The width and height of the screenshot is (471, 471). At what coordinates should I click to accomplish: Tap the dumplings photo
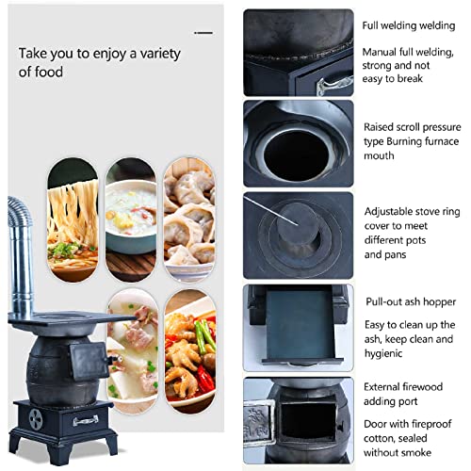point(188,215)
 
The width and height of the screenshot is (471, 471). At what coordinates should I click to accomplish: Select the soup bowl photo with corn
point(130,215)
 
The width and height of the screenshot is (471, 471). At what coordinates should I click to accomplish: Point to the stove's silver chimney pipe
point(22,254)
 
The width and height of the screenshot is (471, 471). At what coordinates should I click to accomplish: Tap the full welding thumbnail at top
point(298,52)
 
